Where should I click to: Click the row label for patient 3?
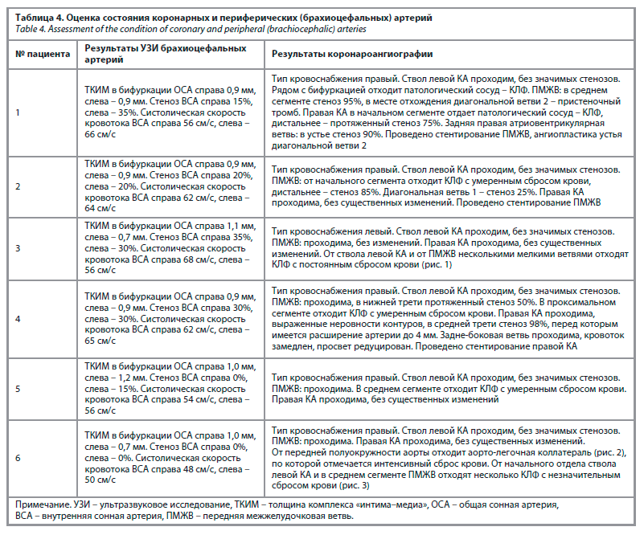tap(18, 248)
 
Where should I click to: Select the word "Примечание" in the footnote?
tap(43, 504)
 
